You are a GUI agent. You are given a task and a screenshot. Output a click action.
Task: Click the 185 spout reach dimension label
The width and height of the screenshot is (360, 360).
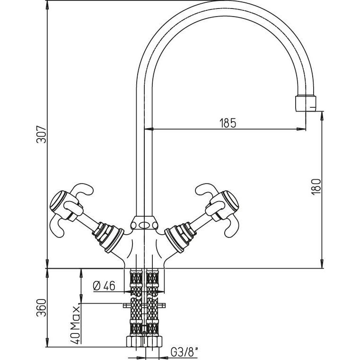228,123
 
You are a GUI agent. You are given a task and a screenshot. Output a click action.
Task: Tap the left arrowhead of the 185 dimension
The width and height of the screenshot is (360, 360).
147,128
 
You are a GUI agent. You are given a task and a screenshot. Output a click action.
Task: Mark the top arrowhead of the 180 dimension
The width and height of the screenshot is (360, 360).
322,114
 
